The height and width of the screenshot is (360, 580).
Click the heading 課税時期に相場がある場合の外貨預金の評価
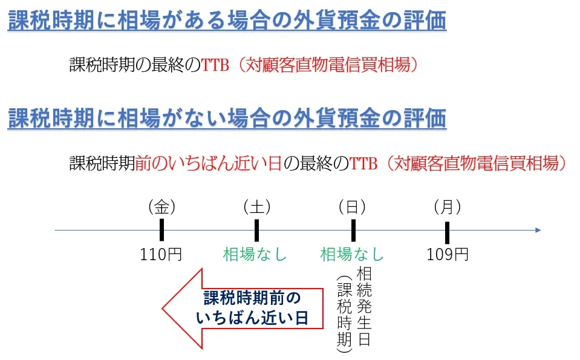227,22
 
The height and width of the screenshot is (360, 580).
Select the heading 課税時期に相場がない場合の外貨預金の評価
227,118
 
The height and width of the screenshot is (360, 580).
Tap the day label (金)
161,207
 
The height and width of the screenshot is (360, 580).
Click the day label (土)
256,207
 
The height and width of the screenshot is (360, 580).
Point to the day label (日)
352,207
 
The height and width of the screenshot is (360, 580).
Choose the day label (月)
447,207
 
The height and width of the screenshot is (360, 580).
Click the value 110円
161,254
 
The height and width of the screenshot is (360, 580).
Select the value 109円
448,254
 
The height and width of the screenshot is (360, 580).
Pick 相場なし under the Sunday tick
352,254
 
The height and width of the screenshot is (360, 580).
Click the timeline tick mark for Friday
161,230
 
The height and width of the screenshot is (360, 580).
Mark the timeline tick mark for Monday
447,231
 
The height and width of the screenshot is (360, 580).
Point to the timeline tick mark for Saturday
256,230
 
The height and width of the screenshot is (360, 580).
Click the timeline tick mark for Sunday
353,230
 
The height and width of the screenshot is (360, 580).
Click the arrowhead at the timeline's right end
537,230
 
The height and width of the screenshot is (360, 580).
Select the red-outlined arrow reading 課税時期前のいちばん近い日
242,308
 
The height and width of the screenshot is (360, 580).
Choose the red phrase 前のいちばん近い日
209,163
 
